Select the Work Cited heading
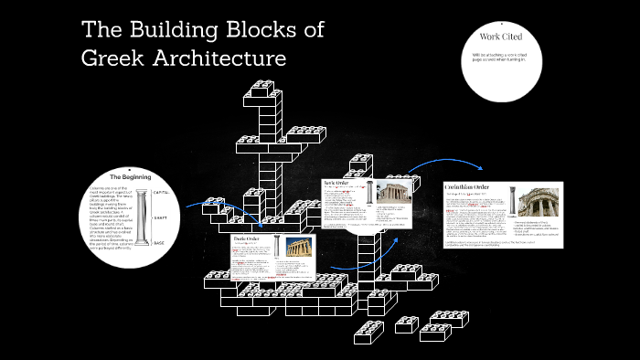(x=500, y=37)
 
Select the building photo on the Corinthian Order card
(x=538, y=203)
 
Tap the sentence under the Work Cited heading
(x=500, y=58)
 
